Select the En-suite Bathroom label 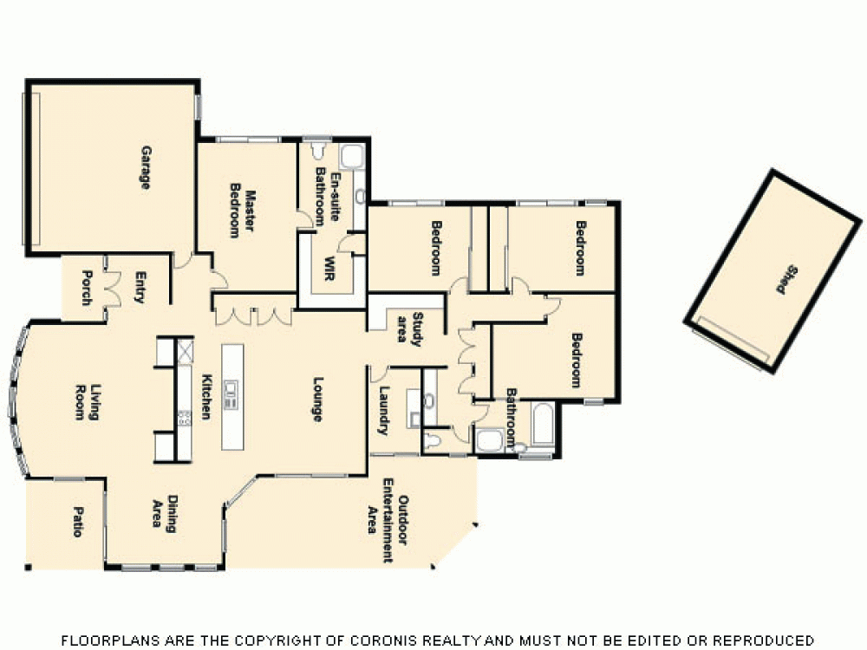coord(326,198)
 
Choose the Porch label coord(86,288)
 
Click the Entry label coord(140,288)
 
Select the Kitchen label coord(207,396)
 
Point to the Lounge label coord(317,400)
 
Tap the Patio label coord(76,522)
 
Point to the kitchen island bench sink coord(231,395)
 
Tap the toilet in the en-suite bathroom coord(316,153)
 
